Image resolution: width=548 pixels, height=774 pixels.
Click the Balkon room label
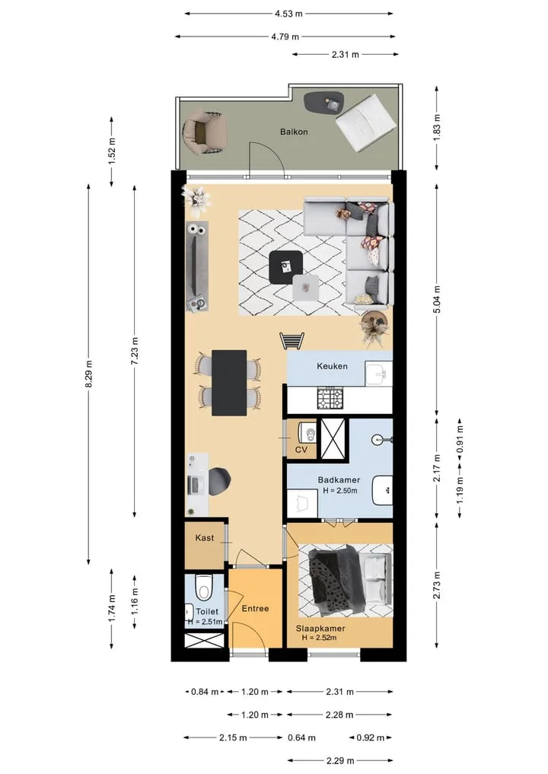tap(294, 132)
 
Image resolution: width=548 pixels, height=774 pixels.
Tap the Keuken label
tap(333, 366)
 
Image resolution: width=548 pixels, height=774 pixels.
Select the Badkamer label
tap(339, 479)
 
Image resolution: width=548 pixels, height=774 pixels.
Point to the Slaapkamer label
tap(320, 629)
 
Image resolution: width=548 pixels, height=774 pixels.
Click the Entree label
tap(255, 609)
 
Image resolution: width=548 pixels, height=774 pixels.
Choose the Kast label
tap(205, 537)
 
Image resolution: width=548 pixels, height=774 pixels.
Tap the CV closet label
tap(301, 450)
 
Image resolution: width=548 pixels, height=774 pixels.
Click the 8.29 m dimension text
tap(89, 374)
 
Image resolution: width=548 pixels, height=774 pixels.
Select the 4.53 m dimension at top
tap(288, 14)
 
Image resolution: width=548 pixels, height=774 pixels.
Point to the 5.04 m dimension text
tap(437, 300)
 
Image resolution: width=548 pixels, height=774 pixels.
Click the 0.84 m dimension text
tap(205, 692)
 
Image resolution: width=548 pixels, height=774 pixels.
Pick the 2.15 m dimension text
tap(233, 738)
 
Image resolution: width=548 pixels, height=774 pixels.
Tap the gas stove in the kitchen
tap(330, 399)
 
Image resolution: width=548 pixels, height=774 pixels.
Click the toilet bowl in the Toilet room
tap(203, 587)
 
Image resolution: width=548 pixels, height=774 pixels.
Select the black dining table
tap(229, 383)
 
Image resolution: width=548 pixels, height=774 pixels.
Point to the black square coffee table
tap(286, 268)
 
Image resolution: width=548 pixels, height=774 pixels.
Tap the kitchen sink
tap(379, 373)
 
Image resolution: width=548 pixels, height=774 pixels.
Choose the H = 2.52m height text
tap(320, 638)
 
